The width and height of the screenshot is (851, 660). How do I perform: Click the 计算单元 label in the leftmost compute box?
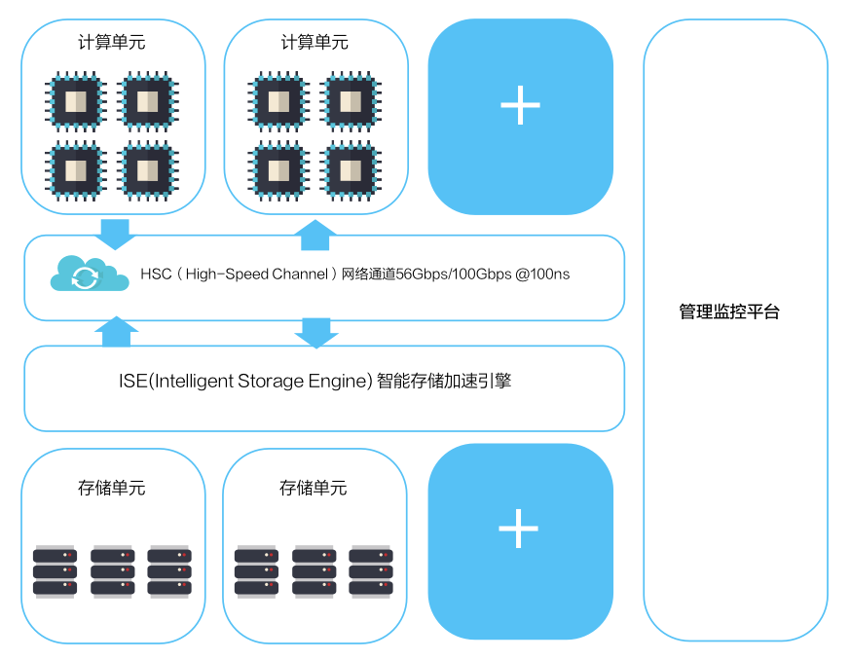click(x=112, y=42)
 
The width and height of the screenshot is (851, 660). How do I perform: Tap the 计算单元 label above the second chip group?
click(x=314, y=42)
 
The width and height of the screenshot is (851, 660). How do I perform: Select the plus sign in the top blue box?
click(x=521, y=105)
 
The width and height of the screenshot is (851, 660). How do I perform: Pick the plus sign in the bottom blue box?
click(x=518, y=529)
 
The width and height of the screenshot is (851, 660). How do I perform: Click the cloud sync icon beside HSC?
click(x=90, y=275)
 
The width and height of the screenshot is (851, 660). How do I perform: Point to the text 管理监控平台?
click(x=729, y=312)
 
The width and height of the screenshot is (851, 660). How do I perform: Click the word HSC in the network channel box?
click(x=156, y=275)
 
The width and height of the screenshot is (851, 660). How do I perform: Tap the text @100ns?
click(x=542, y=275)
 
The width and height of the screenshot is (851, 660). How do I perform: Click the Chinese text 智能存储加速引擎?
click(x=444, y=381)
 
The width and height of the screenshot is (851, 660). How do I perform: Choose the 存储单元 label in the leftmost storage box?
click(x=112, y=488)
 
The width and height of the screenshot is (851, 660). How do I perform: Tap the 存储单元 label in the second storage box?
click(x=314, y=488)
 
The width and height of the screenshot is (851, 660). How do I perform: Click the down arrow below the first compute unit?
click(x=115, y=235)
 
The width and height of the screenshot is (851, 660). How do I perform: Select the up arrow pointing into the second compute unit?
click(x=314, y=235)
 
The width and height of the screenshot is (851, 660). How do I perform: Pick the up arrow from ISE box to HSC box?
click(x=116, y=332)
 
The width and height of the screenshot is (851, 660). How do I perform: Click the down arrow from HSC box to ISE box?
click(x=316, y=333)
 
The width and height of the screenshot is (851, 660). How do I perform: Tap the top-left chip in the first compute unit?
click(x=76, y=101)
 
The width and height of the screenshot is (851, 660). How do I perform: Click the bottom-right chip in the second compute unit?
click(x=351, y=171)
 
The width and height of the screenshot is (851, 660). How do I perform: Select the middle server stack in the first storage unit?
click(x=112, y=571)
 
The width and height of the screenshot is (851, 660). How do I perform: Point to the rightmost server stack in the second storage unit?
click(x=371, y=571)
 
